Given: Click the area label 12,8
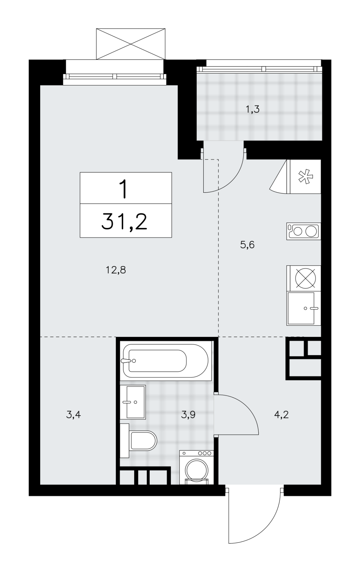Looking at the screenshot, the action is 115,270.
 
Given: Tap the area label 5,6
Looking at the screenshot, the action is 247,245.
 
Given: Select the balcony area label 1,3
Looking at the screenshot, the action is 252,110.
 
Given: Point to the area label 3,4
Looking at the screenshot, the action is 73,415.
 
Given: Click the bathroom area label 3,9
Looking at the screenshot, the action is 188,415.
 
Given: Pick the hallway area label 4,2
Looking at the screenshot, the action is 281,415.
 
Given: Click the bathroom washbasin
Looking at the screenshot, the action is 133,402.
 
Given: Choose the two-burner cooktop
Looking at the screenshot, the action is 304,231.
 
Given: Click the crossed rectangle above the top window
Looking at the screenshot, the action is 130,44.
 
